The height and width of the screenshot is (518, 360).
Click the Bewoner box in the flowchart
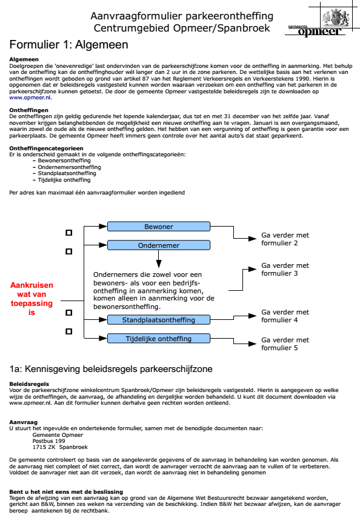pos(158,227)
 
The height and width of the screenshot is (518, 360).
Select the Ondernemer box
pos(158,245)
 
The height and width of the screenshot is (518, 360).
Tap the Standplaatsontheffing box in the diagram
pos(158,320)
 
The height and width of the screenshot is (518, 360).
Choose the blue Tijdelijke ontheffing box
pos(158,338)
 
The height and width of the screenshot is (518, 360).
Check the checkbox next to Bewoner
pos(68,232)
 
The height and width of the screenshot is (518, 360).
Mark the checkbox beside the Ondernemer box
pos(68,250)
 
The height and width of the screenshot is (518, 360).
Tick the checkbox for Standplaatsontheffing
pos(68,313)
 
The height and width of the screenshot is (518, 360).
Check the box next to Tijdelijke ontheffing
pos(68,331)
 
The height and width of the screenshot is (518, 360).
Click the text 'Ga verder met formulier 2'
pos(285,239)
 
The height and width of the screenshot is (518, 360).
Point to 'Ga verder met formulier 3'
pos(285,269)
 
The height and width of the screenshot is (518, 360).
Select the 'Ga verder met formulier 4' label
pos(285,316)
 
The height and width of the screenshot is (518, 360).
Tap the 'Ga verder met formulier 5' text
pos(285,344)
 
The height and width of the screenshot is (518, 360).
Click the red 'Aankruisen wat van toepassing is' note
pos(32,299)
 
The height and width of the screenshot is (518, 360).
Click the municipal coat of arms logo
pos(335,16)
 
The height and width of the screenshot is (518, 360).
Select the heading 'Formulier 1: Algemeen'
pos(68,45)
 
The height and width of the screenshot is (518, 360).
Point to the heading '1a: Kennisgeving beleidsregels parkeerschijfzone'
pos(110,368)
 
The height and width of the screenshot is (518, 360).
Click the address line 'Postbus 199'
pos(48,441)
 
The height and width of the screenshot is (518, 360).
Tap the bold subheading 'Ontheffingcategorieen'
pos(42,148)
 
